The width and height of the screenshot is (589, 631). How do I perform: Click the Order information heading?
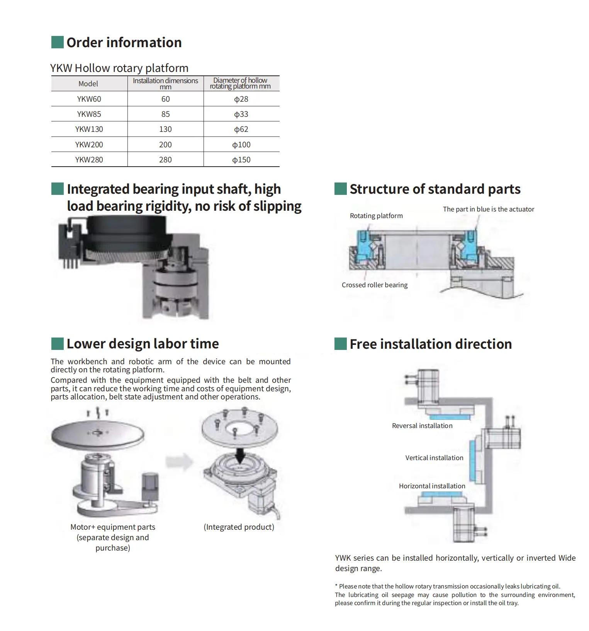click(124, 43)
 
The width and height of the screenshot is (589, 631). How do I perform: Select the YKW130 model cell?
click(89, 129)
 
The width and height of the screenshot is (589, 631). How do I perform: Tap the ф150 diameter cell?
click(241, 160)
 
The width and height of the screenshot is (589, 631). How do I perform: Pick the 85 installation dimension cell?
click(165, 114)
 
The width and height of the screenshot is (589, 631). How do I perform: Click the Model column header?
click(88, 84)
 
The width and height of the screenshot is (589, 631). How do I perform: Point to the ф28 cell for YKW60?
click(241, 99)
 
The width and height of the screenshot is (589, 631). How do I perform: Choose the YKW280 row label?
click(89, 160)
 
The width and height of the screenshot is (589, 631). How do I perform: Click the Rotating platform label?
click(376, 216)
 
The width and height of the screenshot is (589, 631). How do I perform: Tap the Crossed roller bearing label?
click(374, 285)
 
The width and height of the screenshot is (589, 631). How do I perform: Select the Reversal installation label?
click(422, 426)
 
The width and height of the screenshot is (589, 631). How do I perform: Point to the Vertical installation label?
click(434, 458)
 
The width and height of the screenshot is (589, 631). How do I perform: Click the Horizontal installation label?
click(432, 486)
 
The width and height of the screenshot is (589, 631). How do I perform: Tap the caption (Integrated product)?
click(239, 527)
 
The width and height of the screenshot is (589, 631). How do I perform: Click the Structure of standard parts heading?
click(435, 189)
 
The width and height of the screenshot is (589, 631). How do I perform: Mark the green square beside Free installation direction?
click(340, 344)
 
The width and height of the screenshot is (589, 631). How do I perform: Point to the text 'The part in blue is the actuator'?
click(488, 209)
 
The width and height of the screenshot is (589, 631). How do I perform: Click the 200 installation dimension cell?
click(165, 145)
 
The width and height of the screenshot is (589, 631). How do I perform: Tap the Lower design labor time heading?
click(143, 344)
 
